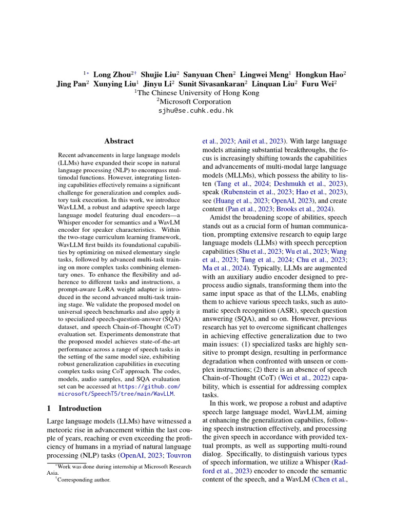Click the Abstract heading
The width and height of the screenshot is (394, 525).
(119, 141)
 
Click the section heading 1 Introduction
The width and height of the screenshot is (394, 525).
(74, 408)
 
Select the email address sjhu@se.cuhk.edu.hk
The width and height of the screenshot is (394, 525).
(197, 110)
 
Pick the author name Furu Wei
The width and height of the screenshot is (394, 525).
(318, 84)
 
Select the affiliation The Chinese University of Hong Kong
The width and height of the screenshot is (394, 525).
(197, 93)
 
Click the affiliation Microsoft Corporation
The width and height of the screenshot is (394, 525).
(197, 102)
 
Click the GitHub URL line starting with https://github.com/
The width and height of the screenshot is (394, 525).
(149, 386)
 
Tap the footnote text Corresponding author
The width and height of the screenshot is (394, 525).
(84, 480)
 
